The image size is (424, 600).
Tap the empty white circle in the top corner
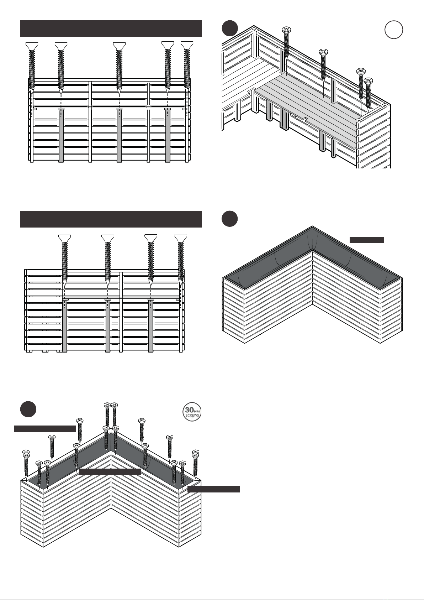[x=394, y=30]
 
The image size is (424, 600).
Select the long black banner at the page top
[x=111, y=29]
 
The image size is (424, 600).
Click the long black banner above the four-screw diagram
[x=111, y=219]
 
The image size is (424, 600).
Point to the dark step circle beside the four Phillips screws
[x=229, y=28]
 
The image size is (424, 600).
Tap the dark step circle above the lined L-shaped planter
[x=229, y=219]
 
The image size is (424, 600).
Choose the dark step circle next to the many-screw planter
[x=28, y=409]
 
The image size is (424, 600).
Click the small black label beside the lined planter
[x=367, y=240]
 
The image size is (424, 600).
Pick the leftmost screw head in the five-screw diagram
[x=32, y=45]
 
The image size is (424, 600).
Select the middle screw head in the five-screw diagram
[x=119, y=45]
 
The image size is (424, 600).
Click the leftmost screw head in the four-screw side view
[x=64, y=238]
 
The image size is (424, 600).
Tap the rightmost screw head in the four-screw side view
[x=181, y=238]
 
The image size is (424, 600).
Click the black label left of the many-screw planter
[x=45, y=428]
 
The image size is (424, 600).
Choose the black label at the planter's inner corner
[x=110, y=472]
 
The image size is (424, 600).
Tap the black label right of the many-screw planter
[x=213, y=489]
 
